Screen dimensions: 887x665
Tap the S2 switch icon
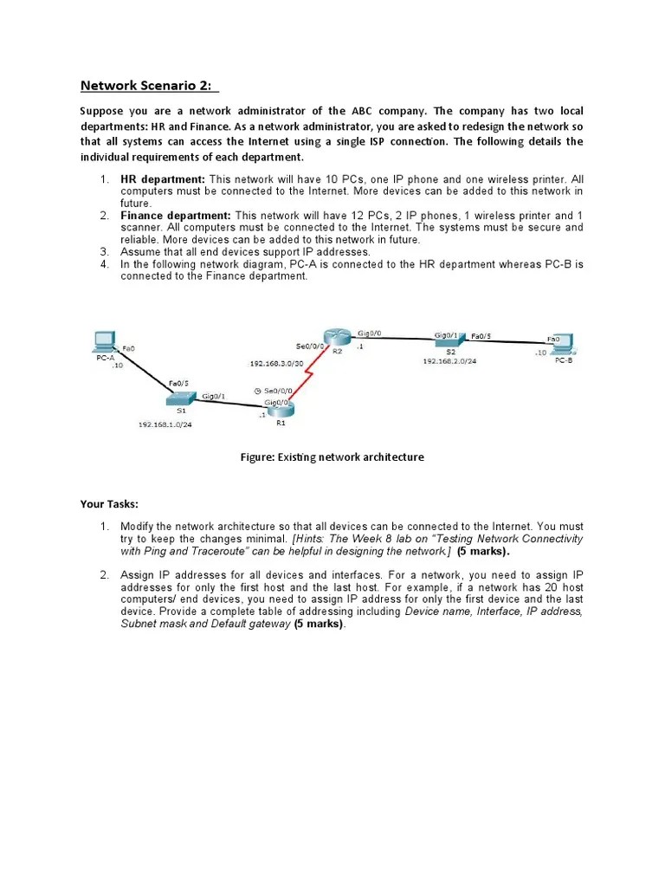(450, 341)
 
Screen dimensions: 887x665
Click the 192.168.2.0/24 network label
(449, 361)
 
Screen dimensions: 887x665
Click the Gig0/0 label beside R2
(369, 333)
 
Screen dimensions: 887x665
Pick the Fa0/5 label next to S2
(481, 335)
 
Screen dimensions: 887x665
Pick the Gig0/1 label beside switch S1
(213, 396)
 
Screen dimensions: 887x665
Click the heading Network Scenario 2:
(149, 85)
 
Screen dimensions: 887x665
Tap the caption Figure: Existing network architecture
(332, 456)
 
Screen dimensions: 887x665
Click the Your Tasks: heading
(109, 503)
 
